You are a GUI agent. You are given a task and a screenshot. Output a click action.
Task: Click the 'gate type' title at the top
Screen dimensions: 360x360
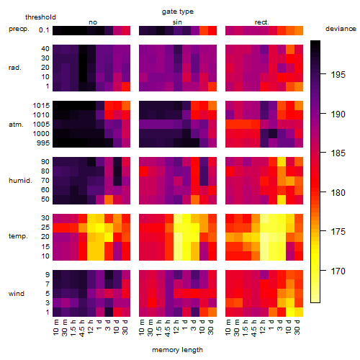[178, 12]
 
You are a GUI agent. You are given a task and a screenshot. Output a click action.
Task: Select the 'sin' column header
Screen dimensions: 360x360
[177, 22]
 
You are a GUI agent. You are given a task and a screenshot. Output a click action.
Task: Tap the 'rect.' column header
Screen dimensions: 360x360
[262, 22]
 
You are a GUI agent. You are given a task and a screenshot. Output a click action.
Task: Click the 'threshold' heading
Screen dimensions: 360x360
[40, 17]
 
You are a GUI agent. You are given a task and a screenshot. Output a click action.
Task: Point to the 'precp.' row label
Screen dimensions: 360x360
[19, 29]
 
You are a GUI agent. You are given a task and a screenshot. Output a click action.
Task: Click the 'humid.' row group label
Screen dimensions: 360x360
[20, 181]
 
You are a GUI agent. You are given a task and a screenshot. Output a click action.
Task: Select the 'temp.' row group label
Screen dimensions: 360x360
[18, 236]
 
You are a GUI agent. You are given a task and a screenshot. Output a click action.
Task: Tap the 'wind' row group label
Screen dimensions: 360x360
[17, 294]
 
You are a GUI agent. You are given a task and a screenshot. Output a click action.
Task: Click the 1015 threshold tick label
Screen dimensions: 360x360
[41, 106]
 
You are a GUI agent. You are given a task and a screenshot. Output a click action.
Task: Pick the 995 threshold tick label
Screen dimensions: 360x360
[43, 143]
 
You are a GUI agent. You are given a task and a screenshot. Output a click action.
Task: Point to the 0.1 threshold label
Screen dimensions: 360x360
[44, 30]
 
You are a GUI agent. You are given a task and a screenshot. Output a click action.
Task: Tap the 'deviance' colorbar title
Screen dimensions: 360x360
[341, 29]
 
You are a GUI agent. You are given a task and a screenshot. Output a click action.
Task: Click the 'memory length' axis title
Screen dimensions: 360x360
[177, 350]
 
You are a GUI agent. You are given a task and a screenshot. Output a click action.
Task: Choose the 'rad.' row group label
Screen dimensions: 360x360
[15, 68]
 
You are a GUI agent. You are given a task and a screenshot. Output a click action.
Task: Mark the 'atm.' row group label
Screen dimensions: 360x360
[16, 125]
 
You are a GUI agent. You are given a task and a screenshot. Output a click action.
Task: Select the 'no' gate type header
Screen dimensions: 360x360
[93, 22]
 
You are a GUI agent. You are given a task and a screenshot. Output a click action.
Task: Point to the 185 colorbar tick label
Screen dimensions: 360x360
[338, 153]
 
